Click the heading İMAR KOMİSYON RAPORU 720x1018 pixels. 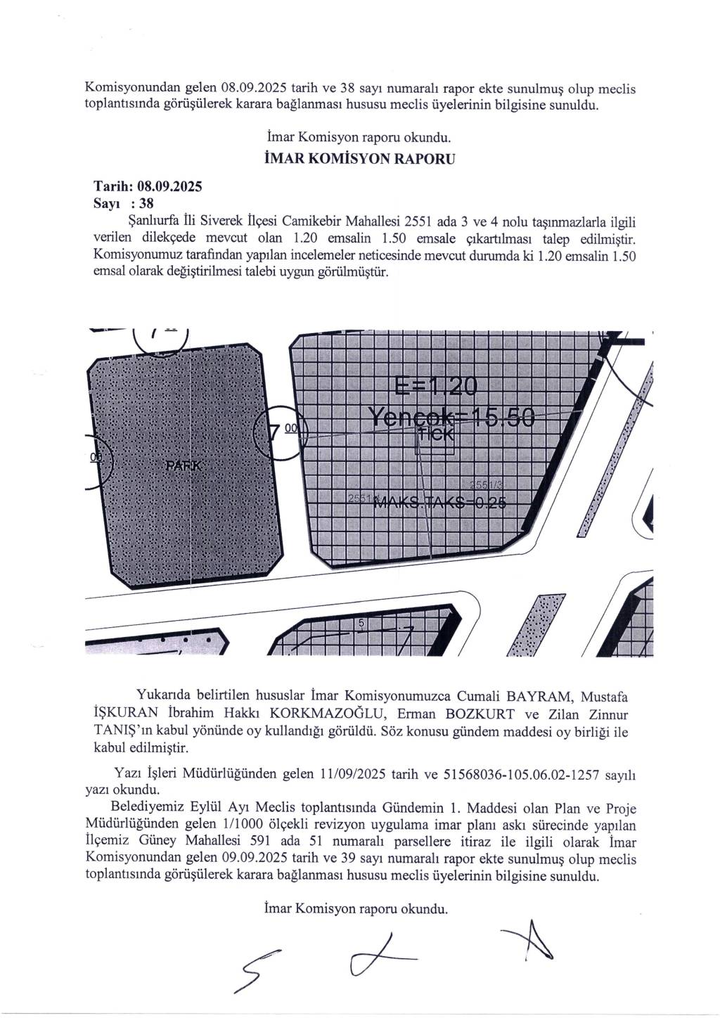point(358,158)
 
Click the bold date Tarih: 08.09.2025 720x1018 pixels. point(148,187)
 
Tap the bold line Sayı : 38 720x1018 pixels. point(123,204)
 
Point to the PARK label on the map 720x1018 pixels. point(184,466)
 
